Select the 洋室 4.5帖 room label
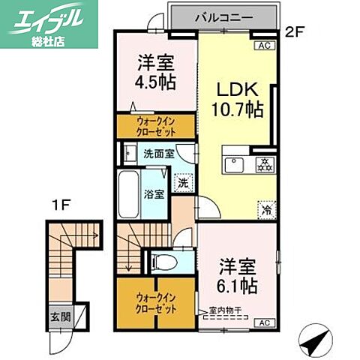click(x=156, y=72)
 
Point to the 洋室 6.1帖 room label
click(x=238, y=275)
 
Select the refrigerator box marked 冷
click(x=265, y=210)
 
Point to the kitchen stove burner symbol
click(x=263, y=164)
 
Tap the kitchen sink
click(x=231, y=163)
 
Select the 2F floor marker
click(x=295, y=31)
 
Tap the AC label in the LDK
click(x=264, y=46)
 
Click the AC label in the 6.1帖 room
click(x=264, y=323)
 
